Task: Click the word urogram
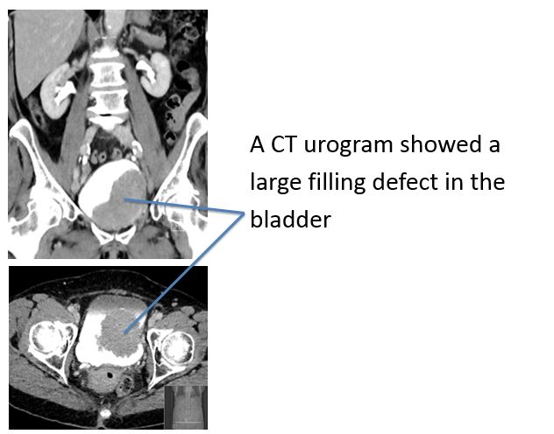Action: (348, 145)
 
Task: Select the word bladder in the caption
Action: (290, 220)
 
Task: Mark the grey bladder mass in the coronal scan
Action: (120, 201)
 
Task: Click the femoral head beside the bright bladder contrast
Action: (49, 340)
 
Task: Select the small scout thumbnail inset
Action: (186, 407)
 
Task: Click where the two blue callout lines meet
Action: (244, 213)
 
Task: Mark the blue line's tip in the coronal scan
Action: (124, 199)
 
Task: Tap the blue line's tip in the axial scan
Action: (124, 332)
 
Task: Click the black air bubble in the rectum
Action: (110, 375)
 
